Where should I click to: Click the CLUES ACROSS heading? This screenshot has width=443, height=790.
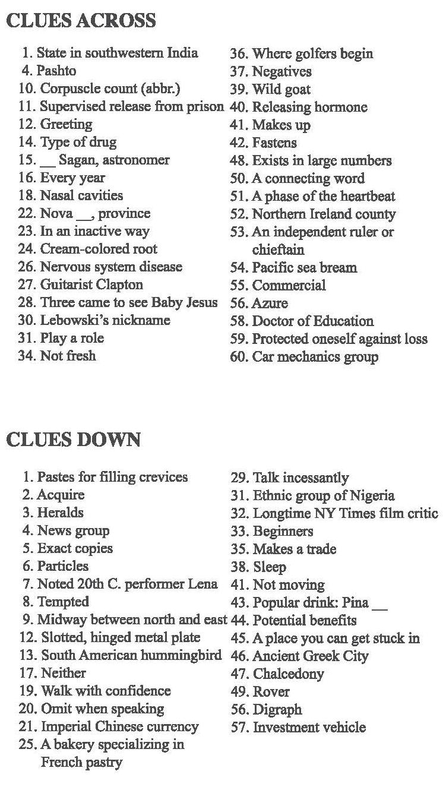(81, 21)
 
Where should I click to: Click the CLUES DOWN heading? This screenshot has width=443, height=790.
(74, 440)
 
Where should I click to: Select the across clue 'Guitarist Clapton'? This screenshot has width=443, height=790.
(91, 285)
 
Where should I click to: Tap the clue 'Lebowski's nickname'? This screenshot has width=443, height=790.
(105, 320)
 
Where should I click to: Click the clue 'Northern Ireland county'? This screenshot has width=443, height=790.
(324, 214)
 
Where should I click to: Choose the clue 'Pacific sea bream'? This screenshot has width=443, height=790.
(305, 267)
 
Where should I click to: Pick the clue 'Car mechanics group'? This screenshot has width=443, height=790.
(315, 356)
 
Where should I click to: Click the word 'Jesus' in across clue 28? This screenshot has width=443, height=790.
(201, 302)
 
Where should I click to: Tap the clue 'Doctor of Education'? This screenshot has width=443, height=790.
(313, 321)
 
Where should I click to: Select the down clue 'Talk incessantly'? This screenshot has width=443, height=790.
(300, 478)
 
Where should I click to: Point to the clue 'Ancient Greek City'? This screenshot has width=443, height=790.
(310, 656)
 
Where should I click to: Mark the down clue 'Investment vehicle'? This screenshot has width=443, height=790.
(309, 727)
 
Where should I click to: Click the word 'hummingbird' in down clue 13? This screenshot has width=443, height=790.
(186, 655)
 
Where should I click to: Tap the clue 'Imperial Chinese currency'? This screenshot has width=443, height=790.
(119, 726)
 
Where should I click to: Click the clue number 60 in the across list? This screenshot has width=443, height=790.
(239, 357)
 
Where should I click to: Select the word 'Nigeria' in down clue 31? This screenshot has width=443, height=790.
(373, 495)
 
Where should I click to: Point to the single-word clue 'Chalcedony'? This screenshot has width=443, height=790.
(288, 674)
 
